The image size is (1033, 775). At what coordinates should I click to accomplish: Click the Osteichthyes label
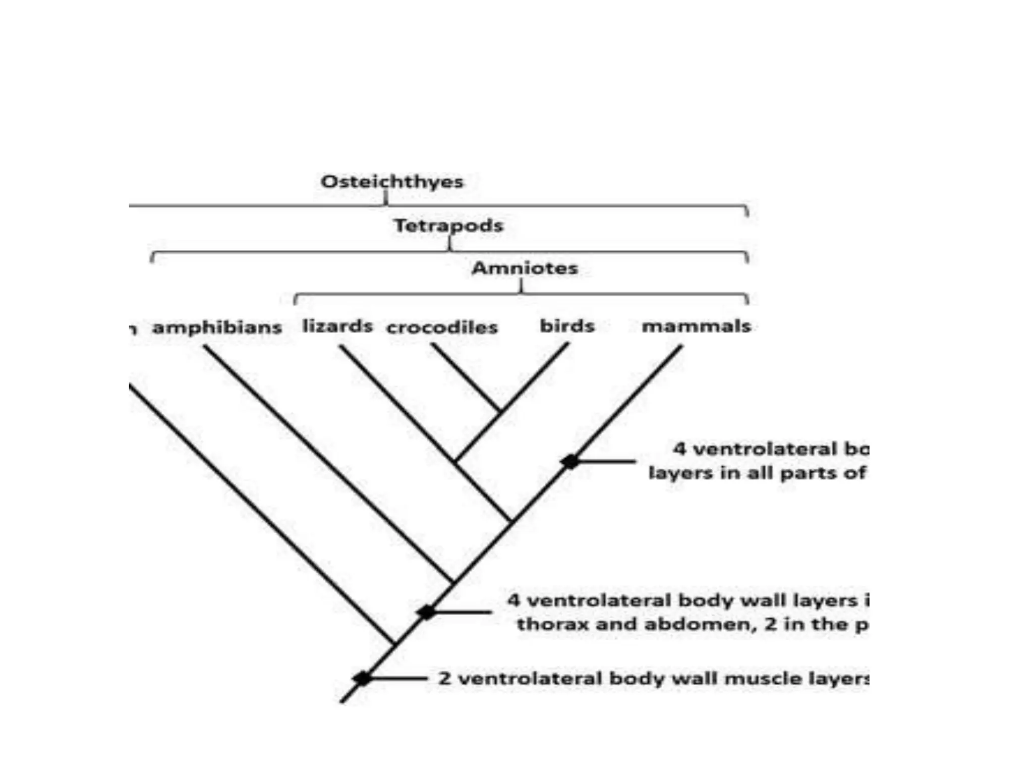point(392,181)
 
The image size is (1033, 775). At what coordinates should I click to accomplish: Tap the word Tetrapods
point(448,225)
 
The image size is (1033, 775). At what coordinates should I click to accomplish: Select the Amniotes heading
point(525,267)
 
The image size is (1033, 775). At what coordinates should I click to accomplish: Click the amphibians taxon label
point(217,327)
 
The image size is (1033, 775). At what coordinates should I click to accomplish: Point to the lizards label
point(337,326)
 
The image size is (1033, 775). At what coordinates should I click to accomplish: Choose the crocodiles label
point(442,327)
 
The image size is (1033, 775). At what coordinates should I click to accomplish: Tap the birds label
point(567,326)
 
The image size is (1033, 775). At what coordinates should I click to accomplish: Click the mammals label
point(696,326)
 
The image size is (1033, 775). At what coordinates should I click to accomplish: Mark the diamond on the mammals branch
point(570,461)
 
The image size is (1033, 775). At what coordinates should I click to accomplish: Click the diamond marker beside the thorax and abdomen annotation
point(427,612)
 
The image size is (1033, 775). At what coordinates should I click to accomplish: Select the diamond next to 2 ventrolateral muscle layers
point(362,679)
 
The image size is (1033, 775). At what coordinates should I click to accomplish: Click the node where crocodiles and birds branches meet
point(500,412)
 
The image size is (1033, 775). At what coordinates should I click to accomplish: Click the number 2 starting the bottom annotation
point(444,679)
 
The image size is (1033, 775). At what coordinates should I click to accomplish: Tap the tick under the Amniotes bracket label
point(522,286)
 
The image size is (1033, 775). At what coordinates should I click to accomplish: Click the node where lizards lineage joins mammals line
point(511,521)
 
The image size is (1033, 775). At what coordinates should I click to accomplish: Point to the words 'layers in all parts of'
point(757,473)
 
